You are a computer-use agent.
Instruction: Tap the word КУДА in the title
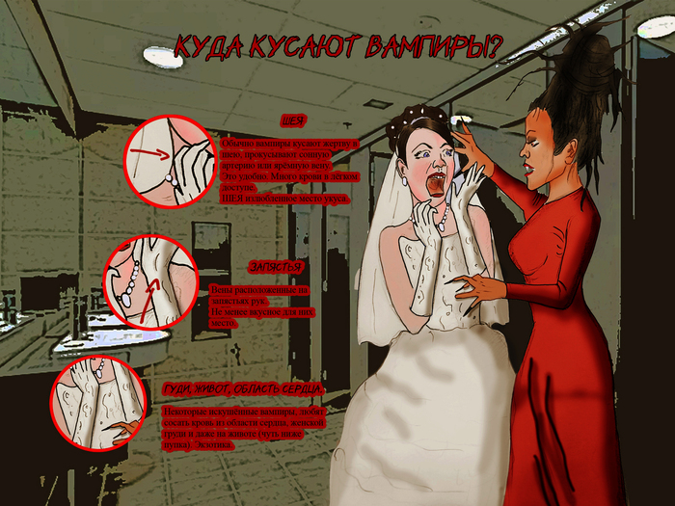[206, 46]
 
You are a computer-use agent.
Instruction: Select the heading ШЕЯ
[294, 122]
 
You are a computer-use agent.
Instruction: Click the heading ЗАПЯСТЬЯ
[276, 267]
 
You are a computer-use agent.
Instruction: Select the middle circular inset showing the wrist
[149, 281]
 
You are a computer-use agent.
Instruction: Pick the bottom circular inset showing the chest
[96, 403]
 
